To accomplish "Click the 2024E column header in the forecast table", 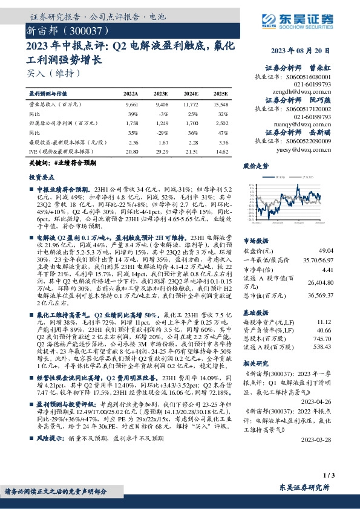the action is point(192,94).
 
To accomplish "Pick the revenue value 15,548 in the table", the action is point(220,104).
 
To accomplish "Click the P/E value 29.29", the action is point(162,151).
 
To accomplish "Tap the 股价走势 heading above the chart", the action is point(256,164).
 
